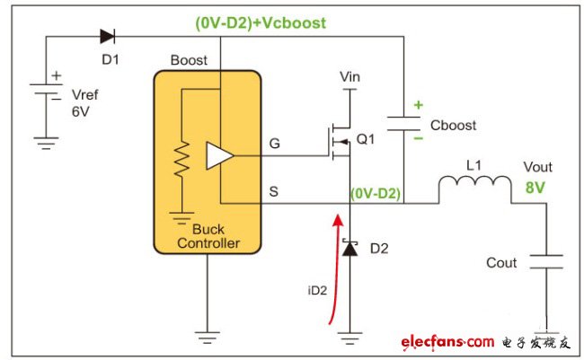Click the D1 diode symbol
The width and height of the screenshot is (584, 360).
108,37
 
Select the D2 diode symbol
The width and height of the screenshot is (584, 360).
350,248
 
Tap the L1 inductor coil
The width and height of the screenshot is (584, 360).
475,182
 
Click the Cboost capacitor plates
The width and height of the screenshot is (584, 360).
403,124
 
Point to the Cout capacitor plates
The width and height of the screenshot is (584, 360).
546,261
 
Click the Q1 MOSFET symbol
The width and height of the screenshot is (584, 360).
340,142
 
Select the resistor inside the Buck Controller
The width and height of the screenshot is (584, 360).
181,159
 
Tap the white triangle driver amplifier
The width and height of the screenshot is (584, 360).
220,155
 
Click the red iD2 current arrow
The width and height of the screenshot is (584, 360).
335,268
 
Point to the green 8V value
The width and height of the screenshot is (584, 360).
535,188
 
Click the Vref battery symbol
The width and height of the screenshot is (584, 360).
46,89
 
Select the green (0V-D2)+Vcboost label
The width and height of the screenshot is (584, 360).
261,23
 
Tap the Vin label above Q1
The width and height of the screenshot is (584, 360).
350,76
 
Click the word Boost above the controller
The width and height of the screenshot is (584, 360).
189,60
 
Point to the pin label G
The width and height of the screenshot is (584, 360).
275,144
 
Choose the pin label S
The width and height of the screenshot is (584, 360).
274,191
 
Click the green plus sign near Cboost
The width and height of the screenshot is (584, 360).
419,105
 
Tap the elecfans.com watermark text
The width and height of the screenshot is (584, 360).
447,342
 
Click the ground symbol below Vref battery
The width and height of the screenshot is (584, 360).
46,144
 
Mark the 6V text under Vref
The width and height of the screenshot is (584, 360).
81,111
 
